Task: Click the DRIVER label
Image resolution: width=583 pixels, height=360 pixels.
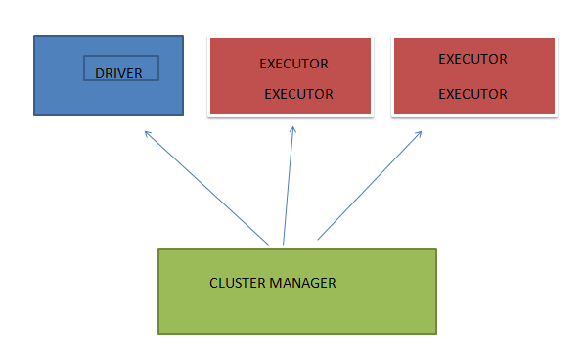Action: point(118,73)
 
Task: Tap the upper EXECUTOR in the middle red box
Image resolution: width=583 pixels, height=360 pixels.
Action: point(293,64)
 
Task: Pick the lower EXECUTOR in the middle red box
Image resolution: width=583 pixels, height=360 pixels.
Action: point(298,95)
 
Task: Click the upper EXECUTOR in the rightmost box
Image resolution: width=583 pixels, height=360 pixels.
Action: point(472,59)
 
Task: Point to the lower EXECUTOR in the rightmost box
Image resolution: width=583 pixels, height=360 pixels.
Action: point(472,95)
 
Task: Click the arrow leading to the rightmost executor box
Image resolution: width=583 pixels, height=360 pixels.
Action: point(370,186)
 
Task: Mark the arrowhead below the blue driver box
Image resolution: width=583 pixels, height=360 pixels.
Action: point(146,132)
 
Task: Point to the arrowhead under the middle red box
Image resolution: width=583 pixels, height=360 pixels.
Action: point(293,130)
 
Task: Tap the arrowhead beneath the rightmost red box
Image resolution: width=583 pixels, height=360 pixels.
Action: point(421,132)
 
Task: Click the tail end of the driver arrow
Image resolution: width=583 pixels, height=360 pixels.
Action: point(268,244)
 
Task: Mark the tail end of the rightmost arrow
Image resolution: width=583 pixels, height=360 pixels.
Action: point(318,239)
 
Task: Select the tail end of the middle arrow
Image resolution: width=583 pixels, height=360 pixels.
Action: point(283,244)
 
